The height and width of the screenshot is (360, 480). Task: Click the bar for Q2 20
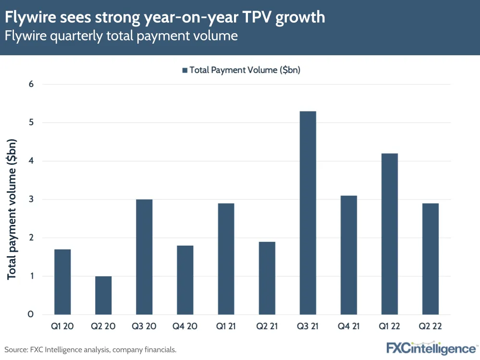103,295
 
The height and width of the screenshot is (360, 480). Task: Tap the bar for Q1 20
62,282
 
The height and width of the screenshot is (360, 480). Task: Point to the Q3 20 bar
144,257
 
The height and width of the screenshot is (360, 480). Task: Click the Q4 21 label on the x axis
348,326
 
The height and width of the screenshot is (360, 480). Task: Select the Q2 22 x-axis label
430,326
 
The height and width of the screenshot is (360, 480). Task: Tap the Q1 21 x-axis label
226,326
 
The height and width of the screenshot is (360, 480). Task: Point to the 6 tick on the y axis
31,84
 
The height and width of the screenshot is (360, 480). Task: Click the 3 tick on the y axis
31,199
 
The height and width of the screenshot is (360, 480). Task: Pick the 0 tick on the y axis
31,314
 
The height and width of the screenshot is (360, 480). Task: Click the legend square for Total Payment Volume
185,70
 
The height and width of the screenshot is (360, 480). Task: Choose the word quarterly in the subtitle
74,36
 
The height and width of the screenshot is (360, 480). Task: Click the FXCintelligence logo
431,348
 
